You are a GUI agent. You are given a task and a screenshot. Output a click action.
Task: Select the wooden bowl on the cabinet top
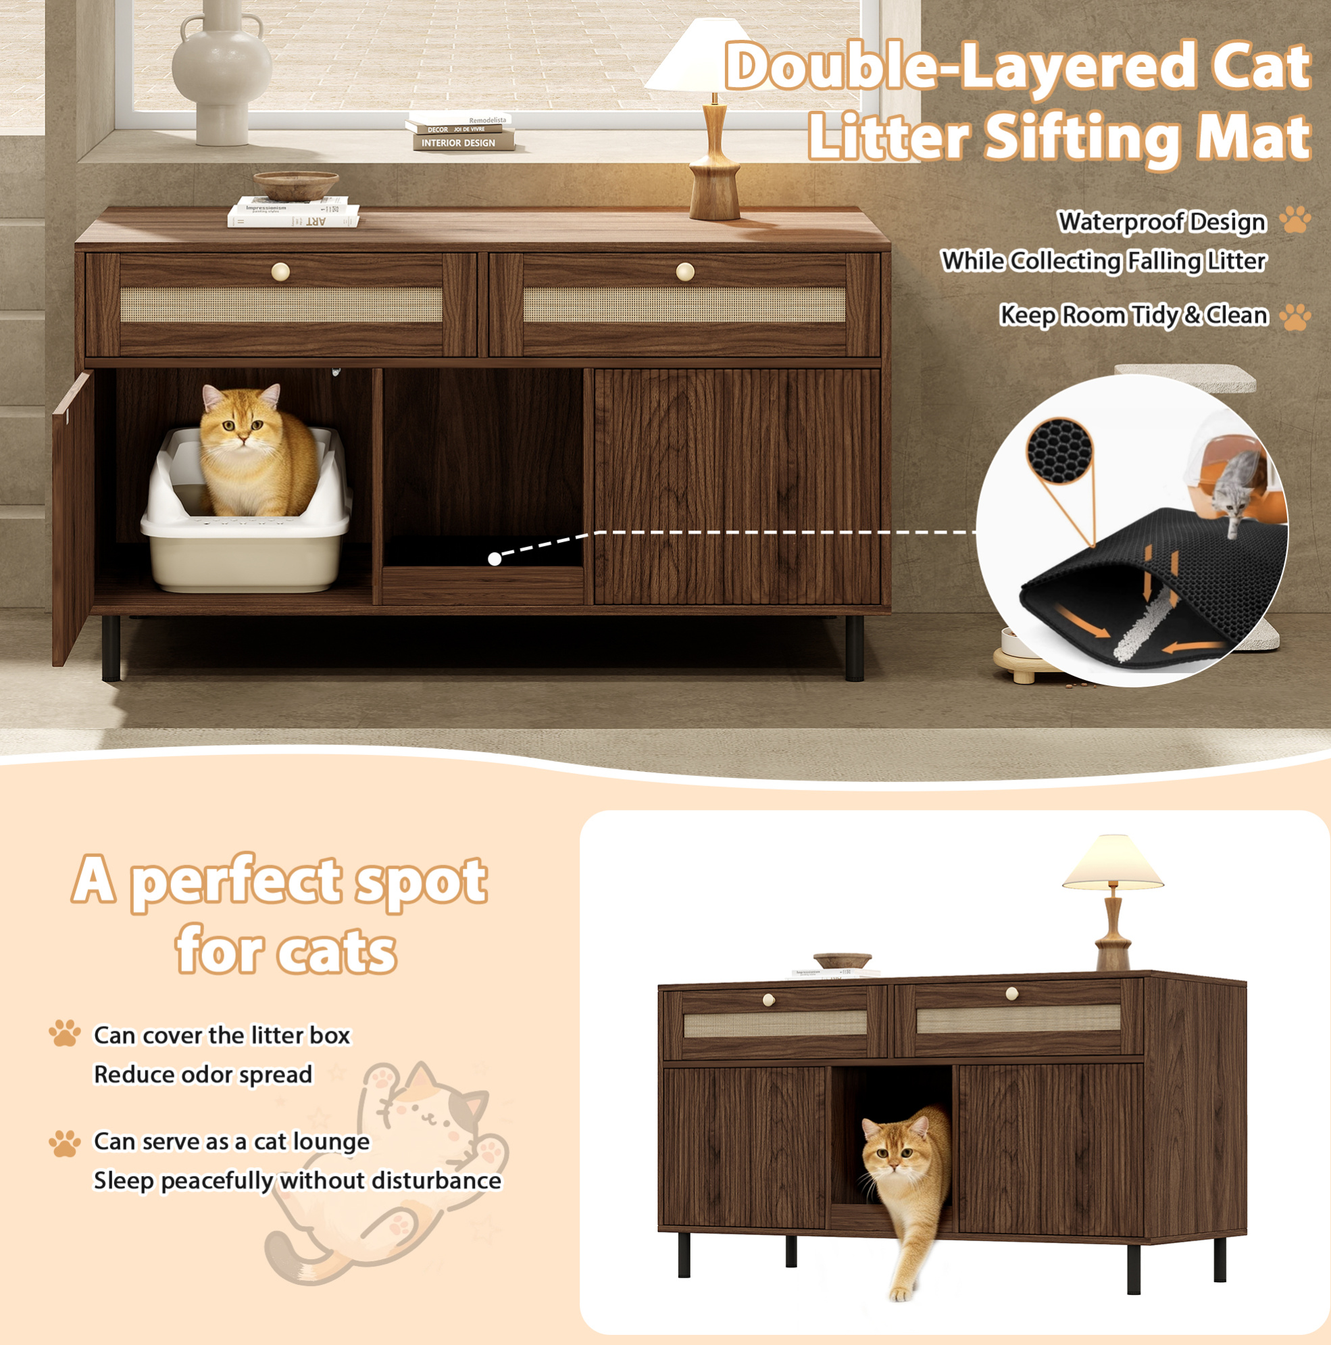pyautogui.click(x=296, y=185)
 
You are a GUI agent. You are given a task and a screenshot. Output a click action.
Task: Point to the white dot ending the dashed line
pyautogui.click(x=495, y=558)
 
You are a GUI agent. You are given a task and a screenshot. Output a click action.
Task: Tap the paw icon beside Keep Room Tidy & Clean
pyautogui.click(x=1295, y=317)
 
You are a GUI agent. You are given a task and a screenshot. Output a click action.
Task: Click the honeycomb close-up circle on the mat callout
pyautogui.click(x=1059, y=451)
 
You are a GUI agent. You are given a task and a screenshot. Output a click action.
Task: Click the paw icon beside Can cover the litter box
pyautogui.click(x=65, y=1033)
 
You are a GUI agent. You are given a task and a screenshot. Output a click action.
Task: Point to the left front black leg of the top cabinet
pyautogui.click(x=111, y=648)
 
